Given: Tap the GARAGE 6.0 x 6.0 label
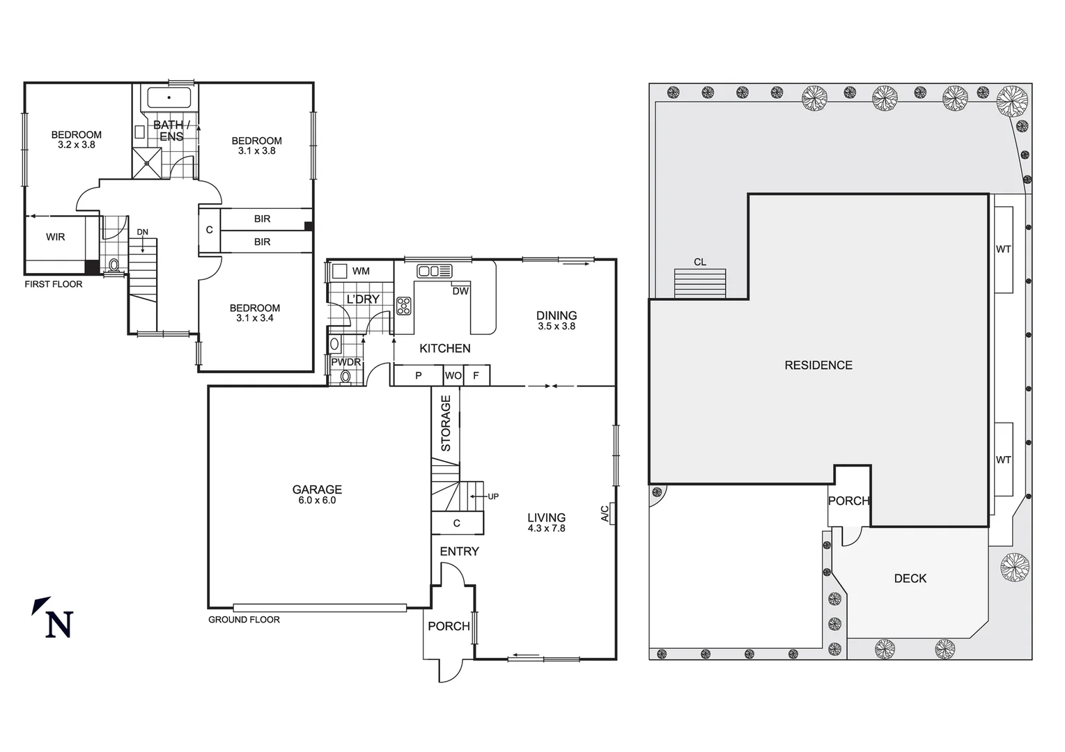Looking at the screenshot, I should [x=317, y=494].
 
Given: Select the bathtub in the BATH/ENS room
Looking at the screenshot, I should [x=169, y=98].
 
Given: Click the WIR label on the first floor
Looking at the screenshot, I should [x=56, y=237].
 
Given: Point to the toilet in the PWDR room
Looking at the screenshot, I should [x=344, y=377].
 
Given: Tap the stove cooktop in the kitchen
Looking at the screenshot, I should [x=403, y=306].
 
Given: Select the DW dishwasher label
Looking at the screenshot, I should [x=460, y=291].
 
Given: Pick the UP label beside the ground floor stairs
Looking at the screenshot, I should [x=493, y=496].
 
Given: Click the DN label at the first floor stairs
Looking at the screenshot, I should [x=142, y=232].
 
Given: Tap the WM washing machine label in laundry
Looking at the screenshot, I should [x=361, y=271].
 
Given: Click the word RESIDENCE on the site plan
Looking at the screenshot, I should [x=818, y=366].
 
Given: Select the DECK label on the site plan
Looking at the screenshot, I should [x=910, y=579].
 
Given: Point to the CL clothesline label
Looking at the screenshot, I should [x=699, y=263].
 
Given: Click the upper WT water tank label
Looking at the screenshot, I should [x=1003, y=249].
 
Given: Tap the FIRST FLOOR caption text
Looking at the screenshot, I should [x=54, y=284].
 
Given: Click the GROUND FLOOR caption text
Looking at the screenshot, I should [x=244, y=620].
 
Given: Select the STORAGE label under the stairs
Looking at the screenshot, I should [x=446, y=423].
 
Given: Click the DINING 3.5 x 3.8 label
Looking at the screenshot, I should [x=557, y=320].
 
